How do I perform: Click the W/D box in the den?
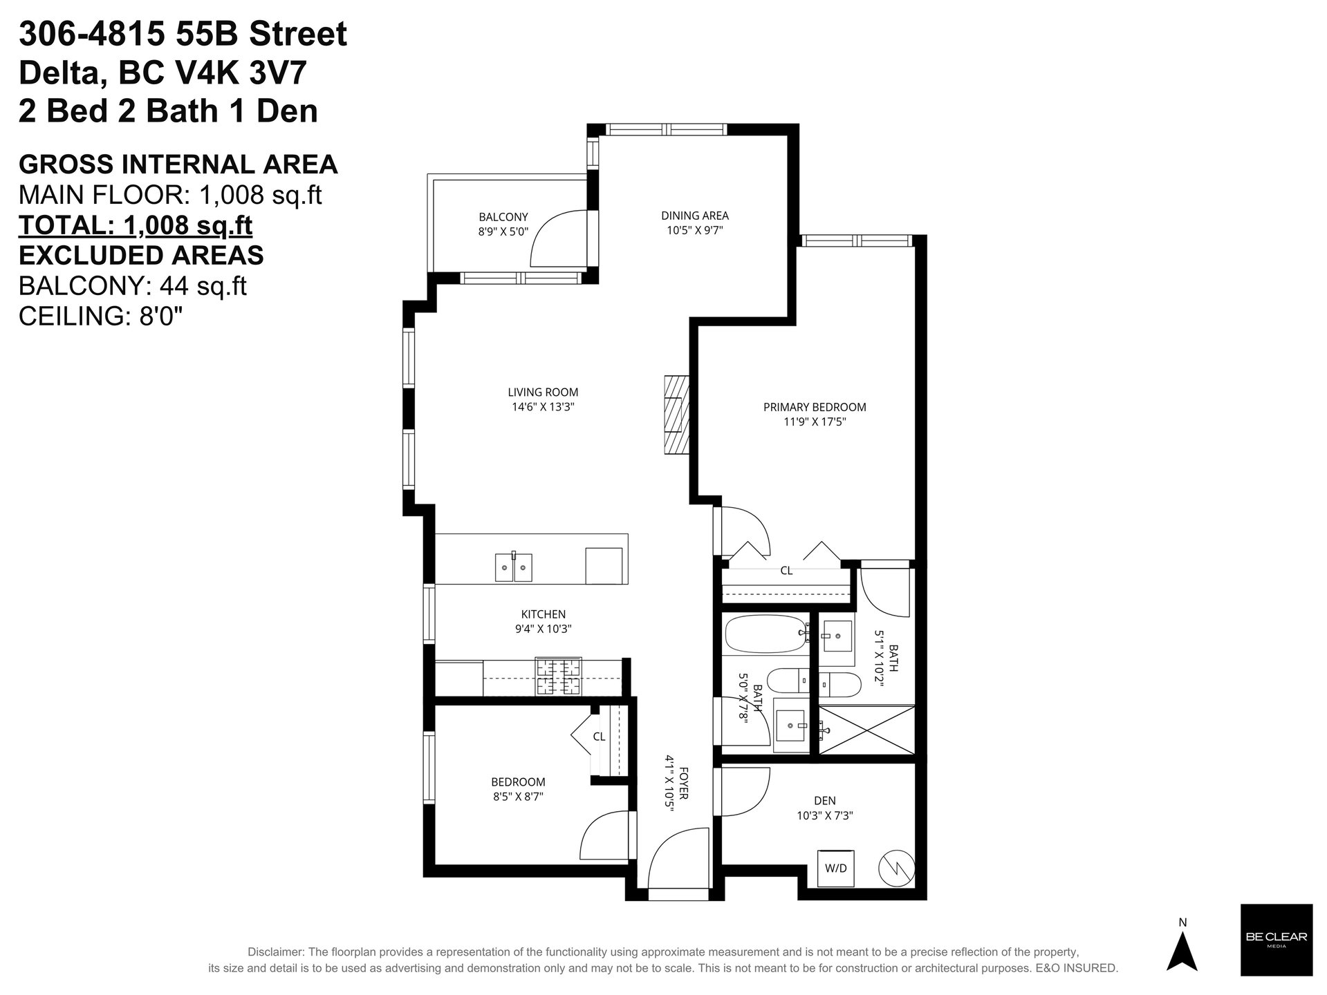click(x=835, y=867)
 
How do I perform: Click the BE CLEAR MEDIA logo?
click(x=1276, y=940)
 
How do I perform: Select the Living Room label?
click(x=543, y=392)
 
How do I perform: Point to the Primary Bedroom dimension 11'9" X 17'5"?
click(x=815, y=421)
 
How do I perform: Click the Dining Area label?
click(x=695, y=216)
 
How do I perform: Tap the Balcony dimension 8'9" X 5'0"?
click(x=503, y=232)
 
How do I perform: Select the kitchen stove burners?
click(x=559, y=676)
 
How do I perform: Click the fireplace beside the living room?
click(x=676, y=414)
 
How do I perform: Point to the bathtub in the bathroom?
click(x=766, y=633)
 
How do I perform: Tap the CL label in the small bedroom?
click(x=599, y=737)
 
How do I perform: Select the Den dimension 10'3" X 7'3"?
click(x=825, y=815)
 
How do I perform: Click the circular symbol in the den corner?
click(x=897, y=868)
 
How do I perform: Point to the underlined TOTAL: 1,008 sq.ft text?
click(x=136, y=225)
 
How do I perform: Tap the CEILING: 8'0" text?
click(x=101, y=316)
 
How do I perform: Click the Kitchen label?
click(x=543, y=614)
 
